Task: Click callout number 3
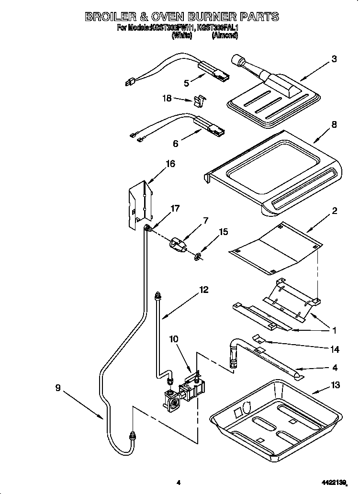[334, 59]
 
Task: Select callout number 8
[334, 125]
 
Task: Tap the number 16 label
[170, 164]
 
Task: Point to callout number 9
[57, 388]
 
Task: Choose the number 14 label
[335, 350]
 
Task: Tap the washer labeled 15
[197, 257]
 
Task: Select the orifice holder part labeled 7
[178, 245]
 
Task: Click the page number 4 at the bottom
[178, 483]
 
